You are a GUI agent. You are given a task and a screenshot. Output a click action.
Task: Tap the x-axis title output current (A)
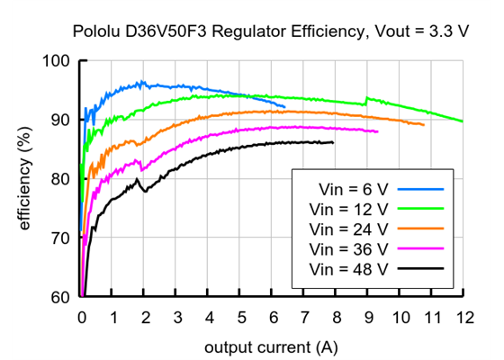tap(272, 346)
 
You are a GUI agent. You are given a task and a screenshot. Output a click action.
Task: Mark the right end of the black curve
tap(333, 142)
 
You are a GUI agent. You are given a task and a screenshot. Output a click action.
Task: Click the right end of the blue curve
tap(284, 106)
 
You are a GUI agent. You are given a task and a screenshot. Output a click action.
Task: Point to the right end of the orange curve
tap(424, 124)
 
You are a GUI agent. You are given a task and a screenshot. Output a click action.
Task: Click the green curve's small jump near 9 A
tap(365, 99)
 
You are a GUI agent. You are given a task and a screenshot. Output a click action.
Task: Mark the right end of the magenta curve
tap(378, 131)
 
